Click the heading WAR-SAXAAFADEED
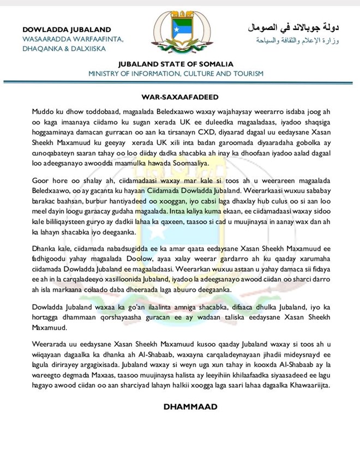click(x=180, y=97)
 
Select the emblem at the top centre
click(x=179, y=32)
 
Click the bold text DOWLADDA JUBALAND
click(x=67, y=29)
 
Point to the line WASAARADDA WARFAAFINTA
click(x=73, y=39)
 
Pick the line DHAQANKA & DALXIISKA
click(x=64, y=48)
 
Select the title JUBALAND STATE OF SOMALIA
click(x=176, y=64)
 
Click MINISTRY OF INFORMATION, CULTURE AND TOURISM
click(x=176, y=73)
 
